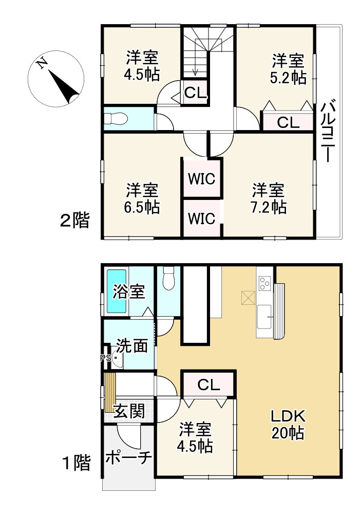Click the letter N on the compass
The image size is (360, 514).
pyautogui.click(x=42, y=63)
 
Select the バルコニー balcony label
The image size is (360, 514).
pyautogui.click(x=328, y=131)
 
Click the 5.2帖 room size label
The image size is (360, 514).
pyautogui.click(x=288, y=78)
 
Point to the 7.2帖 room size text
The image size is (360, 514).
pyautogui.click(x=268, y=207)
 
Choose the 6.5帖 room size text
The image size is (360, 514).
pyautogui.click(x=142, y=207)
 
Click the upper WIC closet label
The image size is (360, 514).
pyautogui.click(x=202, y=179)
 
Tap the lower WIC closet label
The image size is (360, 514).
pyautogui.click(x=202, y=218)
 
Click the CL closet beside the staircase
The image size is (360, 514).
pyautogui.click(x=196, y=93)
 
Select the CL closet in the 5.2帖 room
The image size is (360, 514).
pyautogui.click(x=288, y=123)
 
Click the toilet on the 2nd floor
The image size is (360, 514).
pyautogui.click(x=116, y=119)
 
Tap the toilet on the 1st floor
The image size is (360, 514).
pyautogui.click(x=169, y=278)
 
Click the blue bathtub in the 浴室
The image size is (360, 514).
pyautogui.click(x=117, y=291)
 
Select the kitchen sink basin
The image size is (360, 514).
pyautogui.click(x=264, y=317)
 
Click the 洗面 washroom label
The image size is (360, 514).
pyautogui.click(x=131, y=345)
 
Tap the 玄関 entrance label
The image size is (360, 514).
pyautogui.click(x=129, y=411)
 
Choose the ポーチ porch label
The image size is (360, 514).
pyautogui.click(x=128, y=457)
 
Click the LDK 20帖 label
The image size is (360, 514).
pyautogui.click(x=288, y=425)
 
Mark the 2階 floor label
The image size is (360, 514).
pyautogui.click(x=74, y=221)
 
